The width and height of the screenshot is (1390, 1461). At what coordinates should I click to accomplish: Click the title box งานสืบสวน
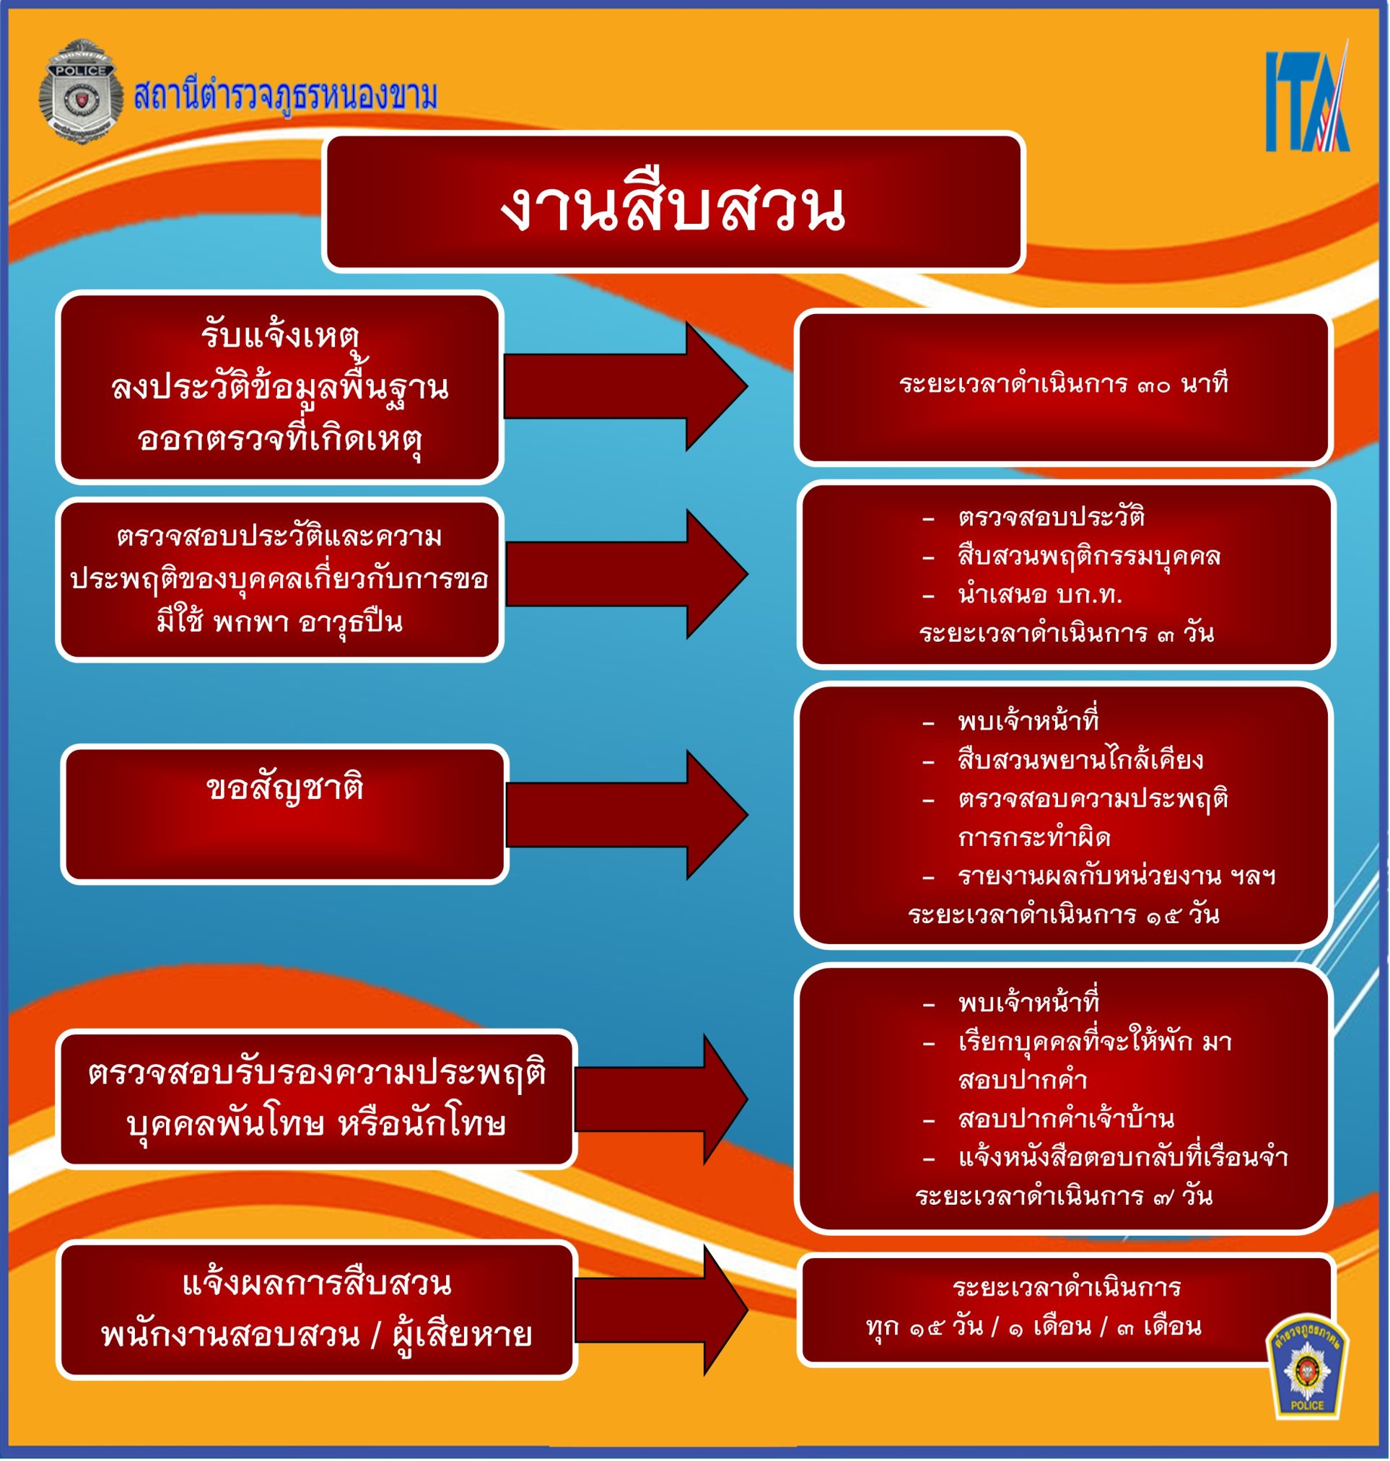673,202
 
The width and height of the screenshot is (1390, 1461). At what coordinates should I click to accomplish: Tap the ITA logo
1307,102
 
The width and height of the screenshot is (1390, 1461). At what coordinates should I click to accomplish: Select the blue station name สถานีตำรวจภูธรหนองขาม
285,95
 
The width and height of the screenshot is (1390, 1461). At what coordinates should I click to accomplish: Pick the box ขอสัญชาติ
284,814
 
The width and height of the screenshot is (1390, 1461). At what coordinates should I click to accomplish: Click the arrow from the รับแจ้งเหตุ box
624,386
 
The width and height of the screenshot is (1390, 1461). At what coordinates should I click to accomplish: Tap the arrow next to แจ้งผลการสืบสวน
660,1310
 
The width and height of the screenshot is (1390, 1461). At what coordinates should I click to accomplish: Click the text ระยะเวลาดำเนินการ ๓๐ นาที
1064,384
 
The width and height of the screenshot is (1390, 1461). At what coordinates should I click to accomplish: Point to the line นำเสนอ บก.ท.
1039,595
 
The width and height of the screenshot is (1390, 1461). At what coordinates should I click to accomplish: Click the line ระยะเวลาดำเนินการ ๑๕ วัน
1063,915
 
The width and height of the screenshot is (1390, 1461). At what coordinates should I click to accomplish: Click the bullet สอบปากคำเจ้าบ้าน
1065,1119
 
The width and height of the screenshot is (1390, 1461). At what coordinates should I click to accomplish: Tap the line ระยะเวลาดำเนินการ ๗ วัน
1063,1196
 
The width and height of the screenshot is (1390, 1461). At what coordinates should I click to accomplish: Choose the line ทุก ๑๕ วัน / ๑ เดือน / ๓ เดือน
1033,1326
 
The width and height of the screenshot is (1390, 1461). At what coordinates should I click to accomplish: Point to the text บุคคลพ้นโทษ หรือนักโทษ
316,1125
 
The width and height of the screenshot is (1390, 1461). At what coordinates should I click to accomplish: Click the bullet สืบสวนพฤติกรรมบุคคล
1088,556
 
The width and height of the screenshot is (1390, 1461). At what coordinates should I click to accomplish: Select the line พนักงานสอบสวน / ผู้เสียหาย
316,1335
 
